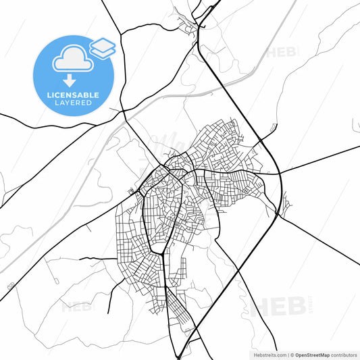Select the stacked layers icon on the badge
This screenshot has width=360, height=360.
click(x=102, y=47)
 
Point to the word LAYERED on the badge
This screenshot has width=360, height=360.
click(x=73, y=103)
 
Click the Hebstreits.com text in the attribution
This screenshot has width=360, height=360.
click(x=267, y=354)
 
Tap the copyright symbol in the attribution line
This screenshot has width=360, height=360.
click(x=292, y=354)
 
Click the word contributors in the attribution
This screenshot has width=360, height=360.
click(x=342, y=354)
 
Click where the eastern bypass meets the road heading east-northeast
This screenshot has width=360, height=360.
click(x=279, y=173)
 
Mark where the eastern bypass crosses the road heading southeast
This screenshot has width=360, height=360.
click(x=277, y=215)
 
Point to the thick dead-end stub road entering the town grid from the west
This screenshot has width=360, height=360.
click(x=98, y=259)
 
